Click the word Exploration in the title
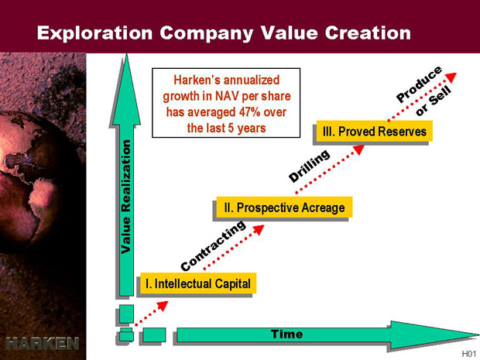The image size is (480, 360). tap(95, 33)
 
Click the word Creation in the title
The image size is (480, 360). tap(368, 33)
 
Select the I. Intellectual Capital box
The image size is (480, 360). tap(198, 283)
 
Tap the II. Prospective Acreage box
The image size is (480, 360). tap(284, 207)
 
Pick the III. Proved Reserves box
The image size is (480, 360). tap(374, 132)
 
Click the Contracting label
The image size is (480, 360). tap(213, 245)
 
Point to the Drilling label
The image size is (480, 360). tap(309, 166)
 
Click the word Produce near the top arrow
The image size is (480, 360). tap(419, 84)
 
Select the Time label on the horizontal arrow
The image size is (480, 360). tap(286, 334)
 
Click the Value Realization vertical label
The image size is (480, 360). tap(126, 197)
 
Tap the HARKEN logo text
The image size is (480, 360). tap(43, 344)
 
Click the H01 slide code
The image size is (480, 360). tap(468, 354)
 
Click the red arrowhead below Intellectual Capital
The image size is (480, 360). tap(163, 306)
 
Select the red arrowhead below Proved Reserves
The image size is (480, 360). tap(358, 149)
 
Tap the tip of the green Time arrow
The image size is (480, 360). tap(478, 334)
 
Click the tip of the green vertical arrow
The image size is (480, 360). tap(126, 54)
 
